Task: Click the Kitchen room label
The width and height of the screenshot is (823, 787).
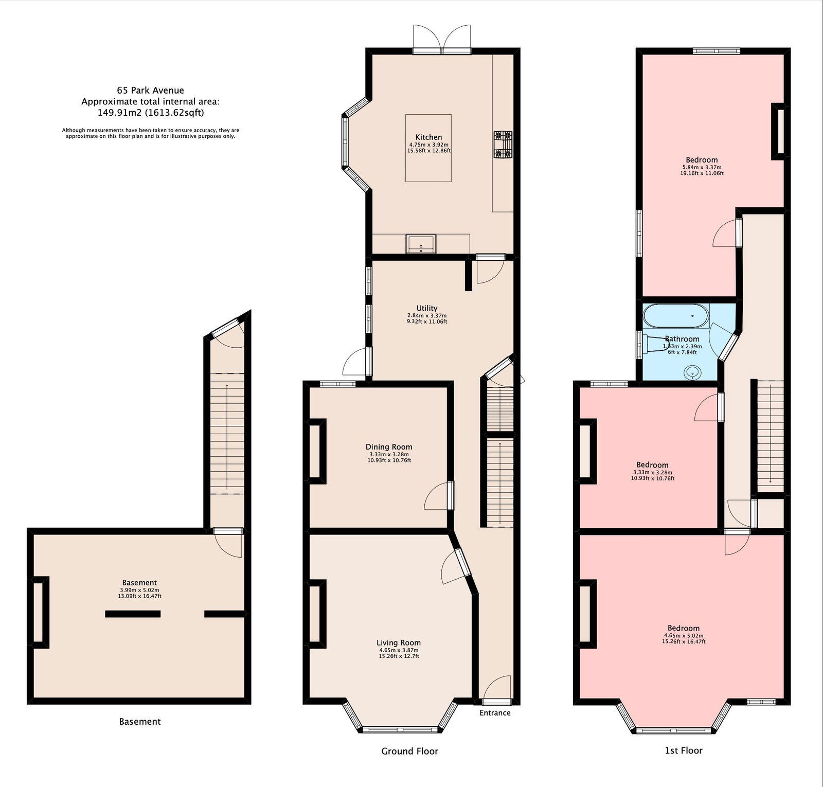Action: coord(428,137)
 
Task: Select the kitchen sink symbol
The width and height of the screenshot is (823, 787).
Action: coord(421,243)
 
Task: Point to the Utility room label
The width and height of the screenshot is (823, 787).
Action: coord(427,308)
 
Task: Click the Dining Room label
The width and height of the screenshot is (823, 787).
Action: coord(388,447)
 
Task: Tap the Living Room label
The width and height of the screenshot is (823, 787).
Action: coord(398,642)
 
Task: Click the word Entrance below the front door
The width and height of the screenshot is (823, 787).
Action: coord(495,713)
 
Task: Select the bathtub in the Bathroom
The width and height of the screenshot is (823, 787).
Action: coord(675,315)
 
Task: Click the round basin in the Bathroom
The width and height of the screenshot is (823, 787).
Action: coord(693,372)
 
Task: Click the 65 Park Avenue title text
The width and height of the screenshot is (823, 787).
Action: coord(150,91)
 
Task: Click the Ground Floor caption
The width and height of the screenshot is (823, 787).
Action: coord(409,752)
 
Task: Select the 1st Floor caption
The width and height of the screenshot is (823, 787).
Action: coord(684,750)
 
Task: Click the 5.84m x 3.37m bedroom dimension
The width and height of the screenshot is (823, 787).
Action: coord(702,167)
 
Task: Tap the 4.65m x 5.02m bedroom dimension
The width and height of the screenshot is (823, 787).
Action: coord(684,635)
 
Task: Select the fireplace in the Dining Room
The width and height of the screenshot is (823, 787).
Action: coord(316,451)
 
